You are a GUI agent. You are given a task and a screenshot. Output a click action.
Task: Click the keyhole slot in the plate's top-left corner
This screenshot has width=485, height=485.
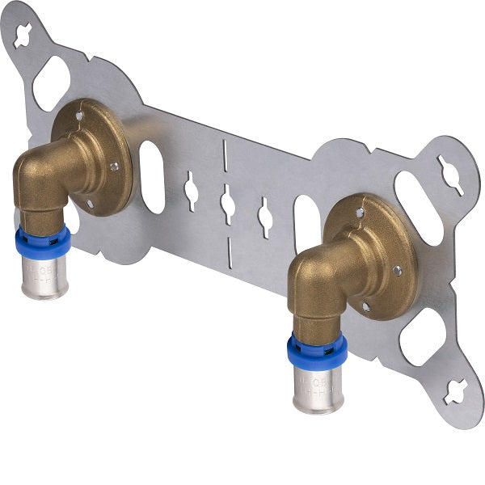23,35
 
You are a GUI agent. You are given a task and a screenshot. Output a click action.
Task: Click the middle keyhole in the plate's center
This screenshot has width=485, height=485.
228,204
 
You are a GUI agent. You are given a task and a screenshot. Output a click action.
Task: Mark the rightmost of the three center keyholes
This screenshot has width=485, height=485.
264,217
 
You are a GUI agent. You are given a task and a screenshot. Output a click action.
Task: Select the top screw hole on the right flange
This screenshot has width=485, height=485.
361,213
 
